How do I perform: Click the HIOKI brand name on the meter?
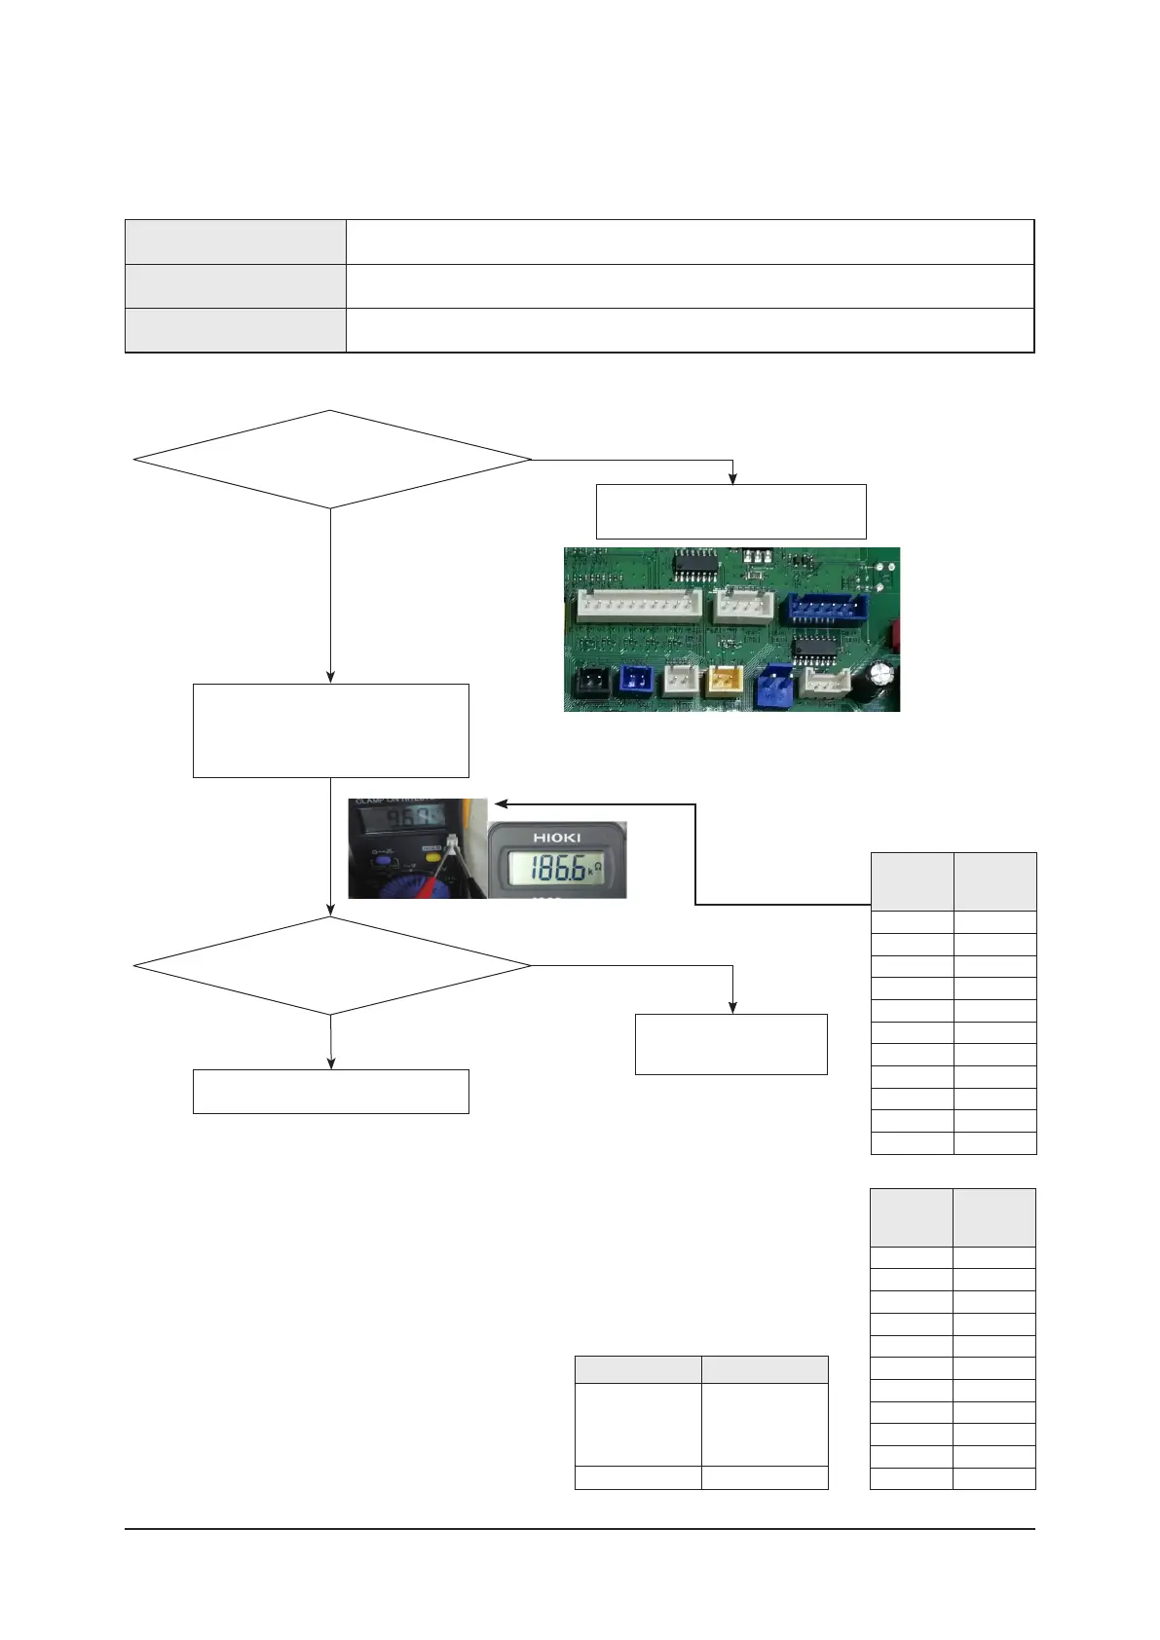coord(556,838)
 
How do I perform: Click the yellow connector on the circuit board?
coord(725,680)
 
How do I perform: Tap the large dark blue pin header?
coord(828,609)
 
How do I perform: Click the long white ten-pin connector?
coord(639,607)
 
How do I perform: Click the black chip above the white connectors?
coord(695,562)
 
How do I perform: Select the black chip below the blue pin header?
coord(814,651)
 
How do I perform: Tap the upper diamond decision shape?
coord(331,459)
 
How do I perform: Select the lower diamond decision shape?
coord(331,965)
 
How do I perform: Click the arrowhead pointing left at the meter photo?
coord(501,804)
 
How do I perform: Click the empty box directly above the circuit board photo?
coord(730,511)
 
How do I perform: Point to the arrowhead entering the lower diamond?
coord(331,912)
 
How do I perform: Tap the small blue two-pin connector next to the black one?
coord(636,680)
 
